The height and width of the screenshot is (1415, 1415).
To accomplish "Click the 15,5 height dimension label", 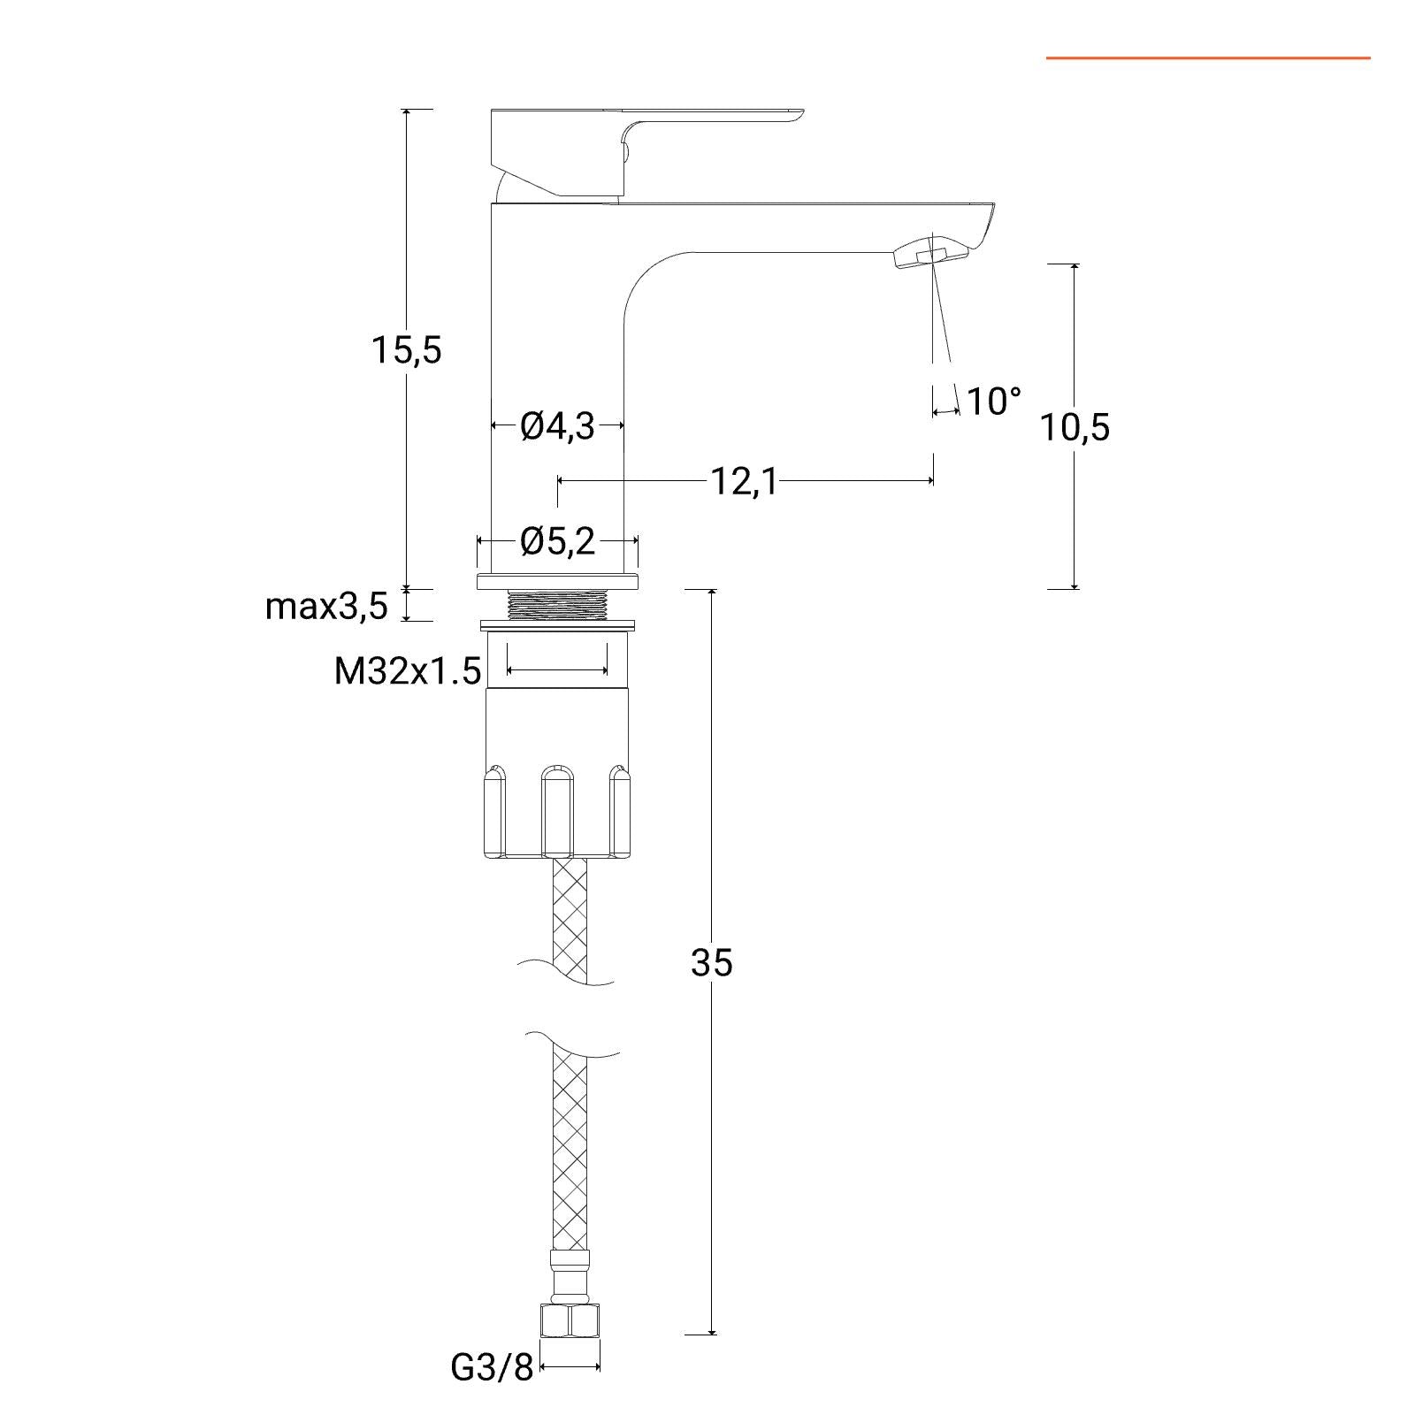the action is (406, 351).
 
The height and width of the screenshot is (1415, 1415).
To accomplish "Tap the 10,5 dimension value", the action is (1075, 428).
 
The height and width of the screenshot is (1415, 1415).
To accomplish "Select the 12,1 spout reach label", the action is (744, 482).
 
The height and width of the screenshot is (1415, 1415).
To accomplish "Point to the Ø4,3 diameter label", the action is (558, 427).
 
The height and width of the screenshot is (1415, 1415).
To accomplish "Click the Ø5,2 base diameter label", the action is (558, 541).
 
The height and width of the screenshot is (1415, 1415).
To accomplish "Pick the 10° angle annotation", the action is (994, 402).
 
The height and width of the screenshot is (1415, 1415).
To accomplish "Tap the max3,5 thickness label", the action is (326, 607).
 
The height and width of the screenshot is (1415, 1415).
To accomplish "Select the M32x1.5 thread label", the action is (408, 671).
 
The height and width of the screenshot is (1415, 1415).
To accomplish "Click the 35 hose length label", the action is (712, 962).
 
